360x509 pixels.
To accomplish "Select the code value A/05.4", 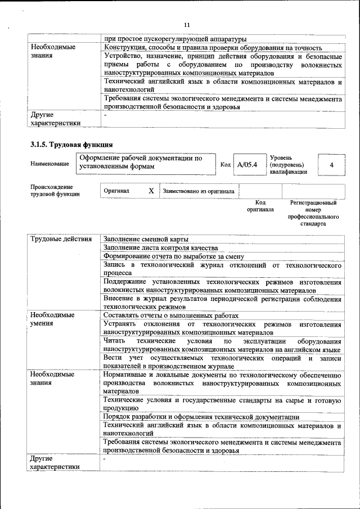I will pyautogui.click(x=247, y=164).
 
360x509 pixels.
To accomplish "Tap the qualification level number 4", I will pyautogui.click(x=331, y=164).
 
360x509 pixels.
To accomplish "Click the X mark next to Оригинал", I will pyautogui.click(x=151, y=191).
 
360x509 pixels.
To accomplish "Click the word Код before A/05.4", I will pyautogui.click(x=225, y=164).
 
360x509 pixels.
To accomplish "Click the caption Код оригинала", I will pyautogui.click(x=260, y=205).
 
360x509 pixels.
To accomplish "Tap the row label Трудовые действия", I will pyautogui.click(x=61, y=239).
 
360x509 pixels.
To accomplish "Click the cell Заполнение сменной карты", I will pyautogui.click(x=146, y=239).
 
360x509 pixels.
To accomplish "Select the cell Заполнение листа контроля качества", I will pyautogui.click(x=160, y=247).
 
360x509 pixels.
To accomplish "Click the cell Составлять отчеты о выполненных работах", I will pyautogui.click(x=171, y=316).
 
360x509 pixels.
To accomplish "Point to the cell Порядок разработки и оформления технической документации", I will pyautogui.click(x=201, y=417).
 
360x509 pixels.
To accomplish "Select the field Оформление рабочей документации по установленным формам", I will pyautogui.click(x=141, y=162).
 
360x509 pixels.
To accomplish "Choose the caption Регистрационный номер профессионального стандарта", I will pyautogui.click(x=313, y=212).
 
